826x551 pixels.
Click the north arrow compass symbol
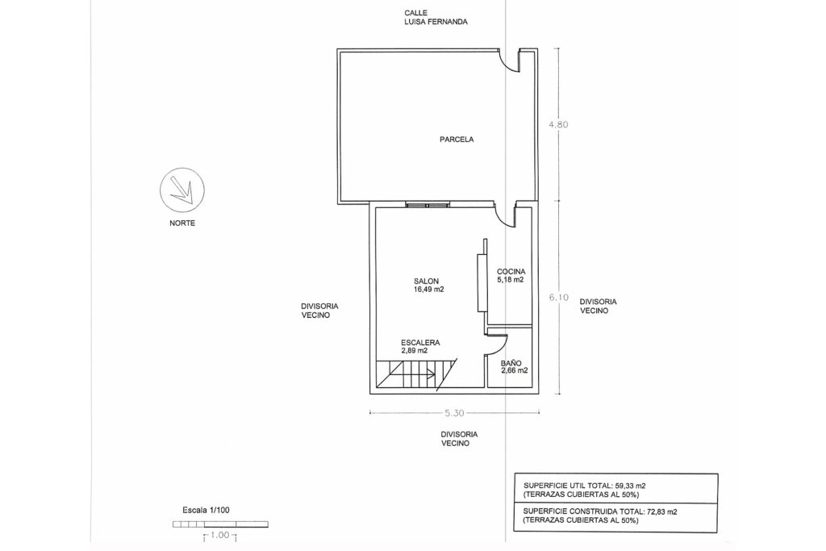point(182,190)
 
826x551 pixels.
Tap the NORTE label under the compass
point(182,223)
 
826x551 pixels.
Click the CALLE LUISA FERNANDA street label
point(436,18)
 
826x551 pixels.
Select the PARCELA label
point(457,140)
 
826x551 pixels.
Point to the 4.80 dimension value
point(558,125)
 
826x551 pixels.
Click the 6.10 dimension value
point(558,297)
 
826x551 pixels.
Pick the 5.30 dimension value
point(454,414)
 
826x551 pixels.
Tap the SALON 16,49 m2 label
point(429,286)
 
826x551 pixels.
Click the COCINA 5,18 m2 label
point(511,276)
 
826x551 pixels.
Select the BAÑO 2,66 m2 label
point(514,366)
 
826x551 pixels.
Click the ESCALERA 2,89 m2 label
point(419,346)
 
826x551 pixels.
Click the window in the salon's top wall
point(428,205)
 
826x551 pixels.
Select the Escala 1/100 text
point(206,510)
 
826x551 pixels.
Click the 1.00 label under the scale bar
point(219,535)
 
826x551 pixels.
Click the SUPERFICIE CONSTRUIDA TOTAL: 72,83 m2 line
point(600,511)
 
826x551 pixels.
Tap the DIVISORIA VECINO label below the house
point(459,439)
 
